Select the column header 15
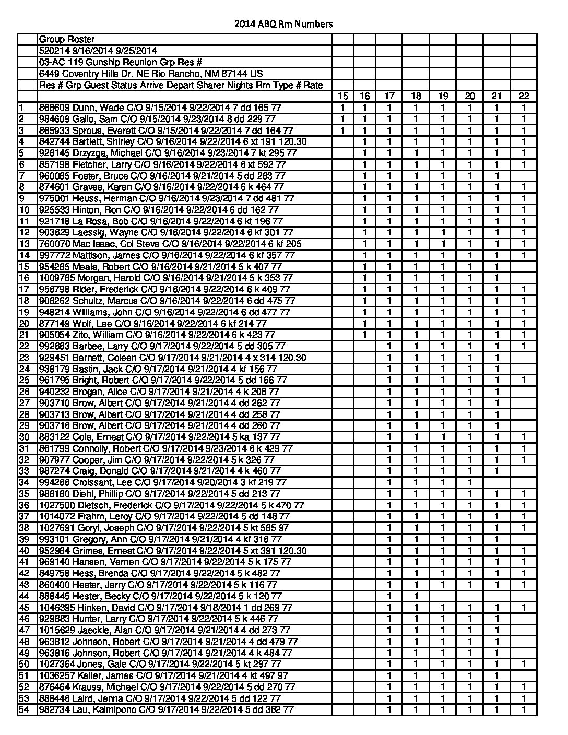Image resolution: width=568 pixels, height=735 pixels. pyautogui.click(x=342, y=96)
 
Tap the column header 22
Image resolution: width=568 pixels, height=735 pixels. pyautogui.click(x=524, y=96)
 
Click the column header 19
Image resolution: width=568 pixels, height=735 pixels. pyautogui.click(x=443, y=96)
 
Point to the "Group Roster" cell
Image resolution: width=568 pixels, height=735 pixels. pyautogui.click(x=67, y=40)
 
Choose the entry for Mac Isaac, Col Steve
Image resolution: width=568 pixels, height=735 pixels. pyautogui.click(x=170, y=244)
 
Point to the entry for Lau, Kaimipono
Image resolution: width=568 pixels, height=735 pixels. pyautogui.click(x=167, y=710)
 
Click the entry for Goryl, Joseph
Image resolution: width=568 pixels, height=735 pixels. pyautogui.click(x=164, y=528)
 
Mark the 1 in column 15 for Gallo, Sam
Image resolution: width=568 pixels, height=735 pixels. pyautogui.click(x=342, y=119)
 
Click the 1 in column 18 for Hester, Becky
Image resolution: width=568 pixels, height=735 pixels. pyautogui.click(x=416, y=596)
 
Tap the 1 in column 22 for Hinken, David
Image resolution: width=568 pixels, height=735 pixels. pyautogui.click(x=524, y=608)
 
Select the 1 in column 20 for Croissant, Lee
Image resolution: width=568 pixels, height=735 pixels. pyautogui.click(x=470, y=482)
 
